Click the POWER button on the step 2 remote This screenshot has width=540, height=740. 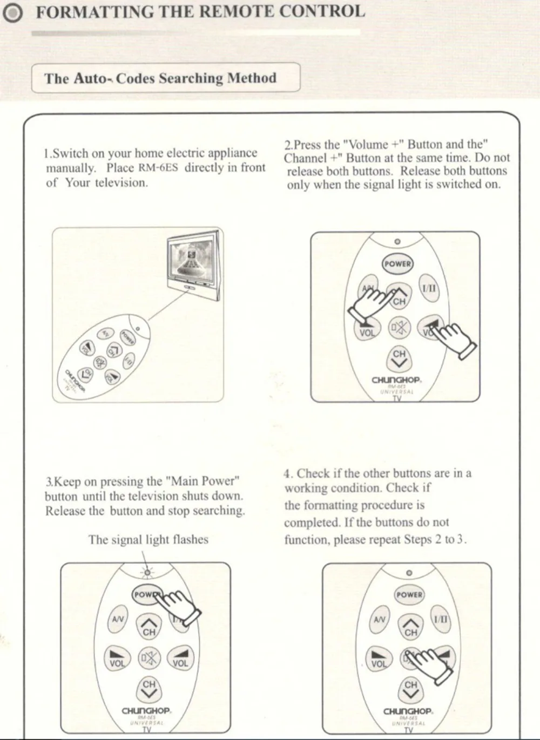pos(397,264)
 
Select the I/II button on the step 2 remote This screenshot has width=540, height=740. pos(429,289)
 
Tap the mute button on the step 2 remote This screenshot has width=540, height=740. pos(400,328)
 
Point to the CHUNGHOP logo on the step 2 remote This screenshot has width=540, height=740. pos(396,380)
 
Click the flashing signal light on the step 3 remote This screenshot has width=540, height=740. pos(147,571)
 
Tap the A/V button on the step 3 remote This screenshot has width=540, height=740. pos(118,620)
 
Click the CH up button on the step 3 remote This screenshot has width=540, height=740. pos(149,626)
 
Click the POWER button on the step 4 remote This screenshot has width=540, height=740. pos(409,594)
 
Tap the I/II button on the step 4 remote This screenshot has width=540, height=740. pos(440,620)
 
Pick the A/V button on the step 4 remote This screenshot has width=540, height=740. pos(380,620)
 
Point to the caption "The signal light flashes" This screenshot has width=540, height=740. pos(148,540)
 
